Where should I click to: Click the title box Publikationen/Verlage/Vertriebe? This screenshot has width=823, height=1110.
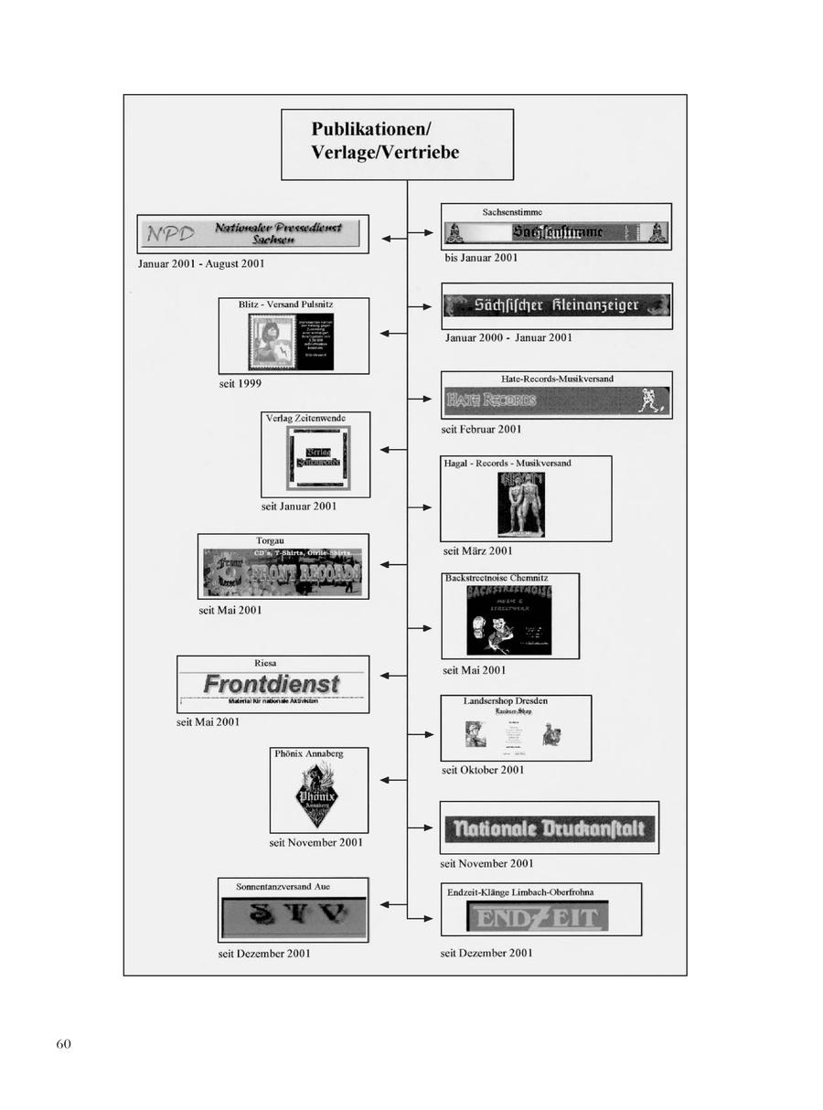click(x=397, y=144)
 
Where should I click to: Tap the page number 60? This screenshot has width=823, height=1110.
click(x=63, y=1044)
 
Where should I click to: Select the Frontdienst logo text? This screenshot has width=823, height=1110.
click(x=272, y=684)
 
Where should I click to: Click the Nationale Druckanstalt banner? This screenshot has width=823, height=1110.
click(x=550, y=829)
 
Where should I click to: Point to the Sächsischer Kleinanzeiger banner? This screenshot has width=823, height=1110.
click(x=556, y=305)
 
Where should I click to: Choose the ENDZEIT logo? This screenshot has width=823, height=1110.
click(x=537, y=917)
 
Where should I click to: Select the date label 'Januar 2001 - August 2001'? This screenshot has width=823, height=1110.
click(x=201, y=264)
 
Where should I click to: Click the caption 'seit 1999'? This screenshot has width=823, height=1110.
click(x=240, y=383)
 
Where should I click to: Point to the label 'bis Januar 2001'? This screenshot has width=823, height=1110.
click(x=480, y=258)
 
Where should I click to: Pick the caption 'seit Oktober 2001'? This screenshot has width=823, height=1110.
click(x=483, y=770)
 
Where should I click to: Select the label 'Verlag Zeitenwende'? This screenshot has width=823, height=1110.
click(x=305, y=418)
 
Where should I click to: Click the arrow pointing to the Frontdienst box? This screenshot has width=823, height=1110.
click(x=393, y=676)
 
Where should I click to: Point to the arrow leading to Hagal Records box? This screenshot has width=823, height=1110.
click(x=422, y=507)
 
